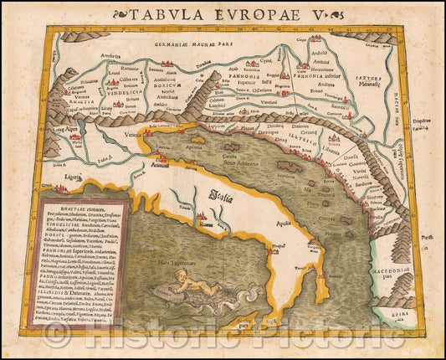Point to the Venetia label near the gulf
pyautogui.click(x=132, y=132)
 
